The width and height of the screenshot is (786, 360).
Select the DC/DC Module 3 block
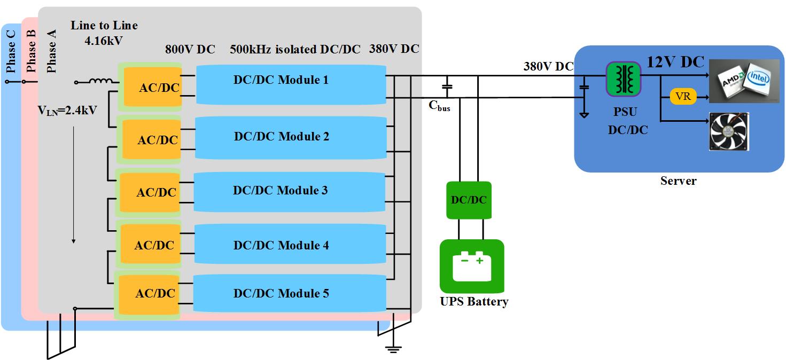(x=289, y=191)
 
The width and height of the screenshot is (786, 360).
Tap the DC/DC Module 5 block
(x=289, y=293)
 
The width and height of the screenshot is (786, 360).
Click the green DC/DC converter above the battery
(x=469, y=200)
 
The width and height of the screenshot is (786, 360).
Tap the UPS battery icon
(x=471, y=266)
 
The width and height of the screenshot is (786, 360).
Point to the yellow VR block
(x=683, y=97)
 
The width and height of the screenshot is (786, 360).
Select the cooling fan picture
(x=728, y=131)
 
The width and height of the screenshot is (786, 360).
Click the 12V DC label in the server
(x=675, y=62)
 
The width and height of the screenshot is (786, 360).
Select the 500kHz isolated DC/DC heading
(x=295, y=50)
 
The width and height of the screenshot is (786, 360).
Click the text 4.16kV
(x=104, y=39)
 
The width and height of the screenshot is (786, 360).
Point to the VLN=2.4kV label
(x=67, y=111)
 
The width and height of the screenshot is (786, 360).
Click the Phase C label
(x=11, y=51)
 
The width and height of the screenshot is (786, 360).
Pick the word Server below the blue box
(x=678, y=181)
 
